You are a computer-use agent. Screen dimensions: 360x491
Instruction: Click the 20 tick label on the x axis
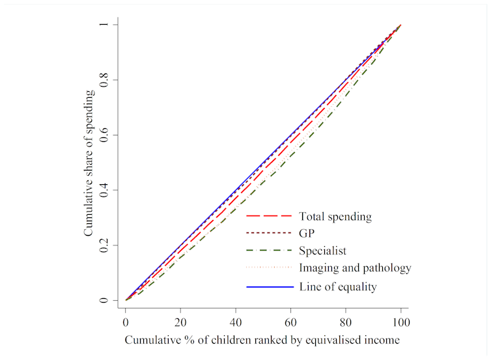tap(181, 321)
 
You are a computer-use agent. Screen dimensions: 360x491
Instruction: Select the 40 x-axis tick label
tap(236, 321)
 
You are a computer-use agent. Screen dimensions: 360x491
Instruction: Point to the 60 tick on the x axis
tap(291, 321)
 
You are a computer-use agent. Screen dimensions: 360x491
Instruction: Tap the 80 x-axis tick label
tap(346, 321)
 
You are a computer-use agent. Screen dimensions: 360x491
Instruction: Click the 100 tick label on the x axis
tap(401, 321)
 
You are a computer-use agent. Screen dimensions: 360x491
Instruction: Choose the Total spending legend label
tap(335, 216)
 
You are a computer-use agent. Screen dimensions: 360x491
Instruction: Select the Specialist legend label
tap(322, 251)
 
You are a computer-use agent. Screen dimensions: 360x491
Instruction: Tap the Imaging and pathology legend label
tap(355, 268)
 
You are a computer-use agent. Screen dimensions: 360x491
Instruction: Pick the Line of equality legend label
tap(337, 286)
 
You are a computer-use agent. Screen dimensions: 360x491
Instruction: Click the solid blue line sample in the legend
tap(267, 286)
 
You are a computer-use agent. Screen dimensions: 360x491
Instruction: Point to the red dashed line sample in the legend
tap(267, 216)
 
